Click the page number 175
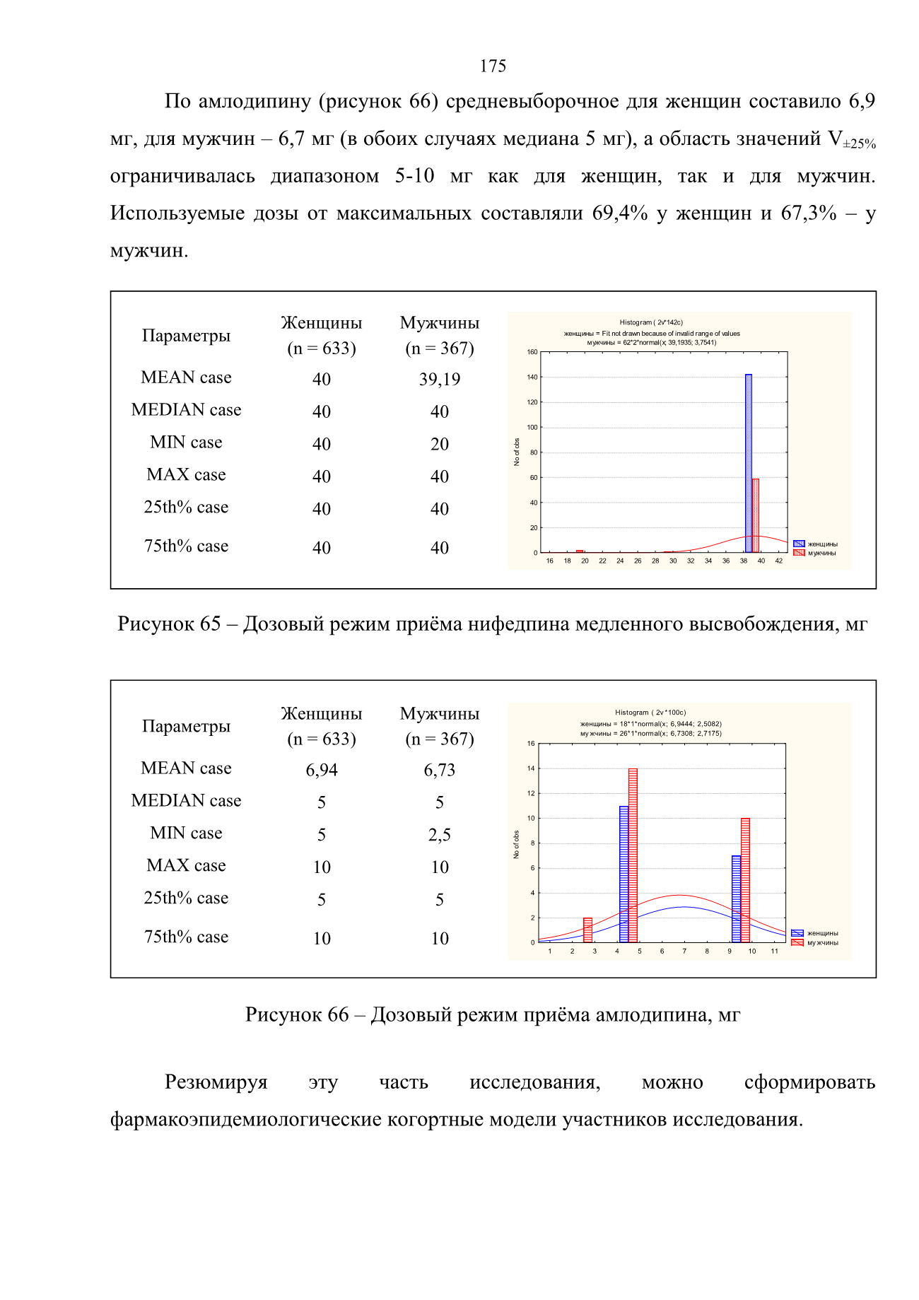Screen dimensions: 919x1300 click(x=493, y=66)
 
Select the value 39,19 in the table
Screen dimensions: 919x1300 click(x=440, y=380)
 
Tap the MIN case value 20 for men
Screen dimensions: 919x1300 click(x=440, y=444)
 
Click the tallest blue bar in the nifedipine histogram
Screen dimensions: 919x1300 click(x=749, y=464)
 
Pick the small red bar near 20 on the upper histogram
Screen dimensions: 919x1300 click(x=580, y=551)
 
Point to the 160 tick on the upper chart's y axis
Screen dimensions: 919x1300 click(x=532, y=352)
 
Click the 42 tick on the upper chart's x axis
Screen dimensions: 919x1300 click(x=779, y=561)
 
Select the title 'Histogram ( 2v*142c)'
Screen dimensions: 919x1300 click(x=651, y=322)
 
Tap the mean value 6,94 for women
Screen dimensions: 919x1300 click(x=322, y=771)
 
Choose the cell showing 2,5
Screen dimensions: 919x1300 click(x=440, y=835)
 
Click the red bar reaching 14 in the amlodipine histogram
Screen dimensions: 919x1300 click(x=633, y=855)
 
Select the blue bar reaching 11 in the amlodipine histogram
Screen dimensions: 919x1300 click(x=624, y=874)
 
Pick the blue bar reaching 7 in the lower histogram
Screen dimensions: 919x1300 click(x=737, y=899)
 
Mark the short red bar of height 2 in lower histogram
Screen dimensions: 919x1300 click(x=587, y=930)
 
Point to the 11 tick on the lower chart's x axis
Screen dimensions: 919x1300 click(x=775, y=951)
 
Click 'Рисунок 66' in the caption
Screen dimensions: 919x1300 click(x=297, y=1014)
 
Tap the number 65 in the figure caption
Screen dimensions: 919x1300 click(x=211, y=623)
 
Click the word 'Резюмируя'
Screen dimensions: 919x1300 click(x=216, y=1082)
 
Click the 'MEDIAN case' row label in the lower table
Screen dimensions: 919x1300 click(x=186, y=800)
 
